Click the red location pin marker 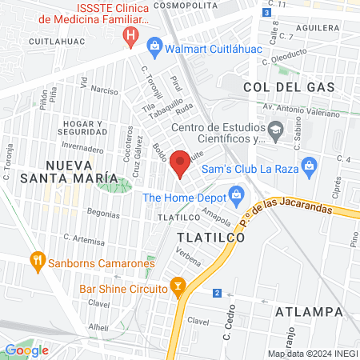pos(181,163)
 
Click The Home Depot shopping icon pos(236,194)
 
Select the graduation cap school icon pos(276,129)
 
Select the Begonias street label pos(102,214)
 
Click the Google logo pos(26,350)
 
